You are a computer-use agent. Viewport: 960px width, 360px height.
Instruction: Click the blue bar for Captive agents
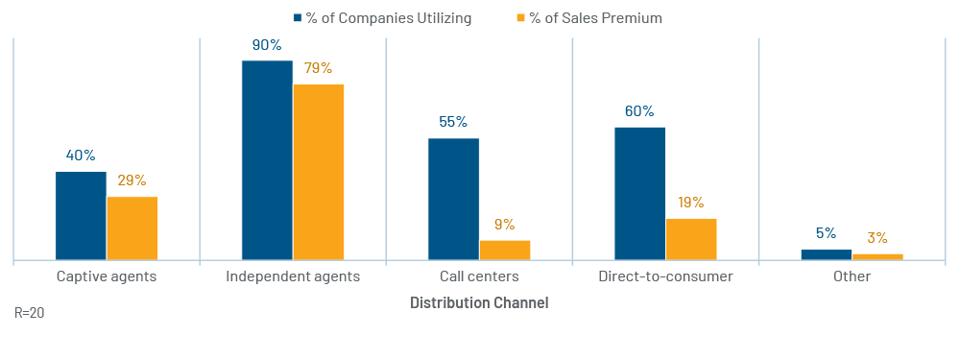(81, 215)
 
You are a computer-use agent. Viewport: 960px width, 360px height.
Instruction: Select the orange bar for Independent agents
(319, 172)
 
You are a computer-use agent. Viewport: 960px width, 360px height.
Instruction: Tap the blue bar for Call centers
(454, 199)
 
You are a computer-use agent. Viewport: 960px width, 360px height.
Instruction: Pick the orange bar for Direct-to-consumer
(691, 239)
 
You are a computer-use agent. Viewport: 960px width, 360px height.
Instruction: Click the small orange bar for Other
(877, 257)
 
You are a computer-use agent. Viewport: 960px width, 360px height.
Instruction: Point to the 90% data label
(266, 45)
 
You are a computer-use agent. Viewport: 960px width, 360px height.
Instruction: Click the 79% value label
(318, 68)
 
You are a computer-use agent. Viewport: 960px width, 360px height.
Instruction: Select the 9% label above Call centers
(505, 225)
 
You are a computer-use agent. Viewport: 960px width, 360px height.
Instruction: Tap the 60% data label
(639, 111)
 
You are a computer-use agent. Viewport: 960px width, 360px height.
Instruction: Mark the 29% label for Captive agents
(132, 180)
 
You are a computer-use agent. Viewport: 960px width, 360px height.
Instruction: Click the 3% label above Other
(876, 238)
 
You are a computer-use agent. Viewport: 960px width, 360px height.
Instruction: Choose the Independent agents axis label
(293, 276)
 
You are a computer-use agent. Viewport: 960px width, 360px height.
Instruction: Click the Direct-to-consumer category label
(665, 276)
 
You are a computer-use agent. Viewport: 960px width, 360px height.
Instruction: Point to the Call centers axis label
(479, 276)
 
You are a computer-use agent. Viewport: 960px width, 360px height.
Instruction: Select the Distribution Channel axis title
(479, 303)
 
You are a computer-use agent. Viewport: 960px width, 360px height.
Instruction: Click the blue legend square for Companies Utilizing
(298, 17)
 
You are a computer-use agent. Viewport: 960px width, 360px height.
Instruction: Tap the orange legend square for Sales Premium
(521, 17)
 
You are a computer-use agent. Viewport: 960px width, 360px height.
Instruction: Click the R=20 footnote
(30, 313)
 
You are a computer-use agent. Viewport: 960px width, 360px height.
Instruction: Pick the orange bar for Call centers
(505, 251)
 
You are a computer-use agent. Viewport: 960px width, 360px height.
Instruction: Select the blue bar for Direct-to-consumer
(639, 194)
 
